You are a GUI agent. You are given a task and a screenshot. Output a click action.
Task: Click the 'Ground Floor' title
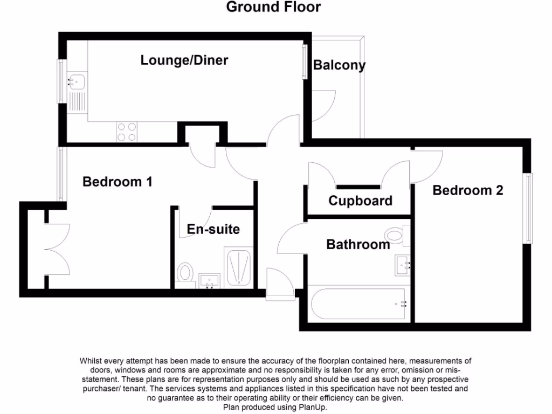[273, 7]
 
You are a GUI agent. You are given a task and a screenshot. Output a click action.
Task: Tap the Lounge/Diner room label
[184, 60]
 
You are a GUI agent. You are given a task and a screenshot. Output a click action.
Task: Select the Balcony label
[340, 65]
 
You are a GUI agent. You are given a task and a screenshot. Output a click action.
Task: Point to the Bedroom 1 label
[118, 182]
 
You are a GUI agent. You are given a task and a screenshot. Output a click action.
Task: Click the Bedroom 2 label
[468, 190]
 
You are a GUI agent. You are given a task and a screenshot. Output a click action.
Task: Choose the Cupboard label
[361, 201]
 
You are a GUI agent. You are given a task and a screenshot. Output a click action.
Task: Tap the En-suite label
[213, 229]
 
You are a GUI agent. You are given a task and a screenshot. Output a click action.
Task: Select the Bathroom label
[358, 245]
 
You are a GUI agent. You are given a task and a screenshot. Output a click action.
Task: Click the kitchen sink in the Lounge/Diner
[76, 82]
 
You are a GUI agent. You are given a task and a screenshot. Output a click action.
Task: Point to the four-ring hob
[126, 132]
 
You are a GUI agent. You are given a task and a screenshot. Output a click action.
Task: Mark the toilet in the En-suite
[185, 272]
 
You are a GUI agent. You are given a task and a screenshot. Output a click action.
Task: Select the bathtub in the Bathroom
[358, 303]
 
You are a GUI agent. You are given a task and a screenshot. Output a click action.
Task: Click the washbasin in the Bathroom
[403, 264]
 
